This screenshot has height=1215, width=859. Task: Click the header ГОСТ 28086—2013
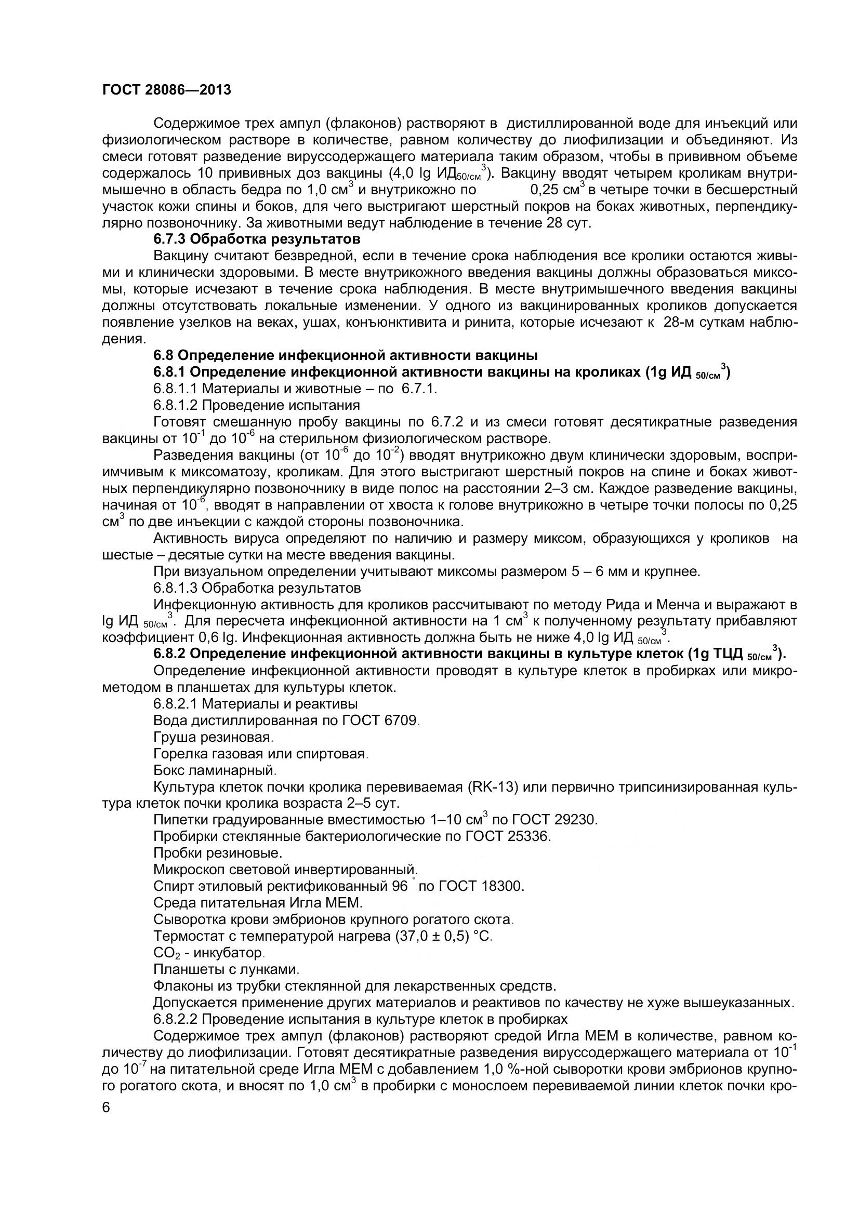click(166, 90)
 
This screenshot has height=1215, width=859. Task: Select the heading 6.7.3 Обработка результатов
click(256, 239)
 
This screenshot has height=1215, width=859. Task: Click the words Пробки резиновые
click(217, 853)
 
